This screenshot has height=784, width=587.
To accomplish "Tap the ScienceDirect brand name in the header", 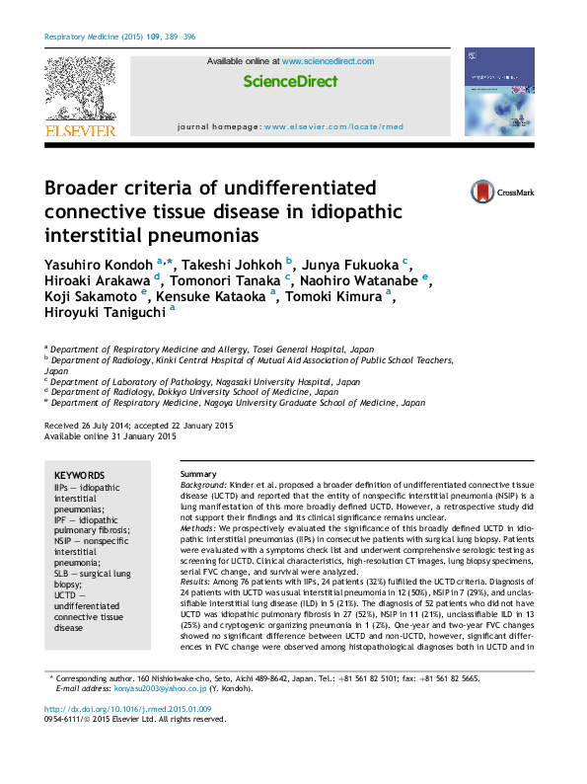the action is [x=290, y=82].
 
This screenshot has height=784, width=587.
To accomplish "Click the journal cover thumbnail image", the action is [x=498, y=92].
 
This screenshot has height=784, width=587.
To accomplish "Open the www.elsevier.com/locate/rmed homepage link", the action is [x=333, y=127].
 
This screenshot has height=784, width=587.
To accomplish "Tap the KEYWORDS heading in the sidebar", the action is [x=79, y=475].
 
